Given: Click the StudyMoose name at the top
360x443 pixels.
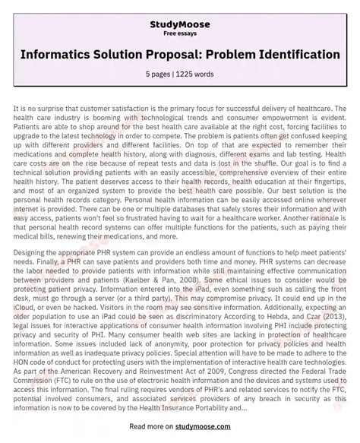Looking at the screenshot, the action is pos(180,13).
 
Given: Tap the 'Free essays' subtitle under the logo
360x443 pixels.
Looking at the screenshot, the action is pos(180,24).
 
